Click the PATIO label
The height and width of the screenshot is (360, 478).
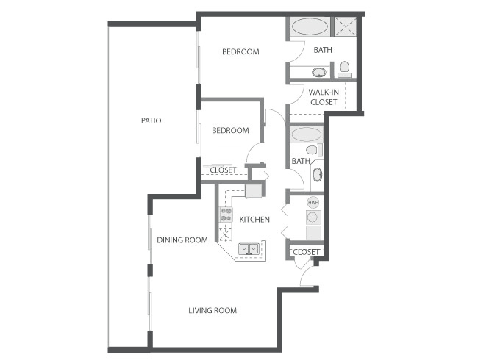tap(151, 120)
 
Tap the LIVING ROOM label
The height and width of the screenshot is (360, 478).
tap(213, 310)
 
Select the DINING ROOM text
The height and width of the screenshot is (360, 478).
tap(182, 240)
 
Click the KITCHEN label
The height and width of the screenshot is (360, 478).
tap(254, 219)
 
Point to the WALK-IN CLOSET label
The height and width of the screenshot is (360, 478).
tap(324, 97)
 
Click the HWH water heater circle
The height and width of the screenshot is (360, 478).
tap(313, 203)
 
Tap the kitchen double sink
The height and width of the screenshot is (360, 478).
tap(249, 248)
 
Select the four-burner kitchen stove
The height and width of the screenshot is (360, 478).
tap(226, 215)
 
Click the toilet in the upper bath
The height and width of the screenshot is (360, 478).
tap(344, 70)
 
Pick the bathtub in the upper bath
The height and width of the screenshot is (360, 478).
tap(310, 27)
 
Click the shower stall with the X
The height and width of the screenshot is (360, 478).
tap(346, 27)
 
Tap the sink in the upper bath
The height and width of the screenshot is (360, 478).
tap(319, 73)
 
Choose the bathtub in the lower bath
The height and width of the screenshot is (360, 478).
tap(306, 134)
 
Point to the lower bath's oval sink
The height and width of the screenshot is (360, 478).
tap(317, 175)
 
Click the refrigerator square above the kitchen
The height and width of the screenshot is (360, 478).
tap(254, 191)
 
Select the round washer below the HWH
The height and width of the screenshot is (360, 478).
tap(313, 217)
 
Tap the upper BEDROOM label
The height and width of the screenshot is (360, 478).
tap(240, 51)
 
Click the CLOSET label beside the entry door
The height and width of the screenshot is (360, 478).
tap(306, 252)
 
